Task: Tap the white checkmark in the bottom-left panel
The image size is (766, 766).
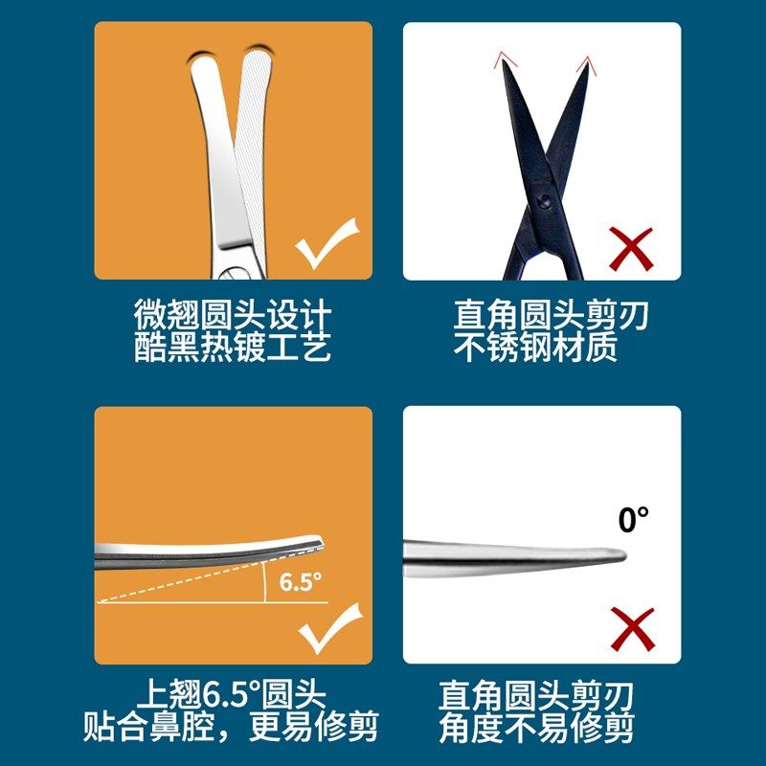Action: tap(329, 627)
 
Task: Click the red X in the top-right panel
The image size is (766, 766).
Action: tap(631, 248)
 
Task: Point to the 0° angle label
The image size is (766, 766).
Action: tap(633, 520)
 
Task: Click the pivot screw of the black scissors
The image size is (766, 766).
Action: tap(543, 201)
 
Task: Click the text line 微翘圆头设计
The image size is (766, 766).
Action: tap(233, 315)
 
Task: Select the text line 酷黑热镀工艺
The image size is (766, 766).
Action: tap(233, 347)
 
